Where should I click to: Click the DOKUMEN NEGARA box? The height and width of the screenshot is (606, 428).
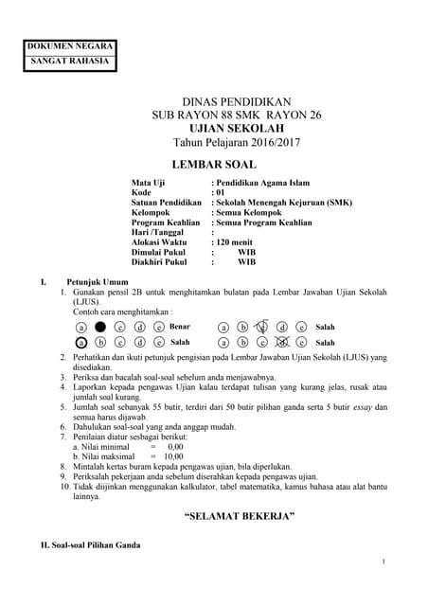point(70,45)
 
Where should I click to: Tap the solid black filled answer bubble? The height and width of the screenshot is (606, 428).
point(99,327)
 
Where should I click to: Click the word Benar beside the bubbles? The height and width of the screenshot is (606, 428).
point(180,326)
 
